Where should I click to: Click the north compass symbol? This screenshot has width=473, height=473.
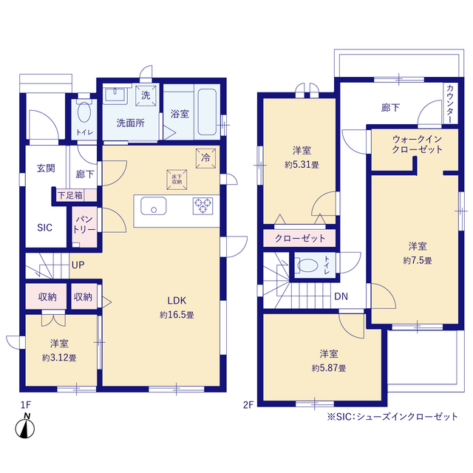[25, 426]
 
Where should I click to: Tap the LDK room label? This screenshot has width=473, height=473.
[177, 301]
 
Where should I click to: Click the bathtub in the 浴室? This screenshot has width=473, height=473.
[207, 112]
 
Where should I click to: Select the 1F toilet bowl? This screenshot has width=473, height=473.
[84, 112]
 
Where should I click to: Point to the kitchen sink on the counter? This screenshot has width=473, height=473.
[154, 206]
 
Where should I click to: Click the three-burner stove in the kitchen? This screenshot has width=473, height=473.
[203, 206]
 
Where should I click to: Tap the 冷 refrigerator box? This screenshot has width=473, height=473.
[205, 158]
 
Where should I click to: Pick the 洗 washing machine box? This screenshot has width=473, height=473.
[146, 95]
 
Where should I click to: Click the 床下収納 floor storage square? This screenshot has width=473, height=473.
[177, 180]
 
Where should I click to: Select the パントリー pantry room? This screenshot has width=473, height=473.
[84, 227]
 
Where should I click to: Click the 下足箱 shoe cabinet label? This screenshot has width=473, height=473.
[70, 195]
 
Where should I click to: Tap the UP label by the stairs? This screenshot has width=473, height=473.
[78, 265]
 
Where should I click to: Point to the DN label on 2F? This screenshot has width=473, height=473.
[341, 296]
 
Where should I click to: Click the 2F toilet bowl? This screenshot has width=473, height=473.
[307, 266]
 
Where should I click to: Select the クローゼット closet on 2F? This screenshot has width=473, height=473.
[299, 238]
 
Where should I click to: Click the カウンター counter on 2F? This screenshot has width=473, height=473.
[449, 103]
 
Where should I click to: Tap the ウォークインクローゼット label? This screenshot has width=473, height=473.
[417, 144]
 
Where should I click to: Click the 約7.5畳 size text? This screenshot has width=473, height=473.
[418, 260]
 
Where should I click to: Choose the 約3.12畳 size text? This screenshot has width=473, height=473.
[59, 358]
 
